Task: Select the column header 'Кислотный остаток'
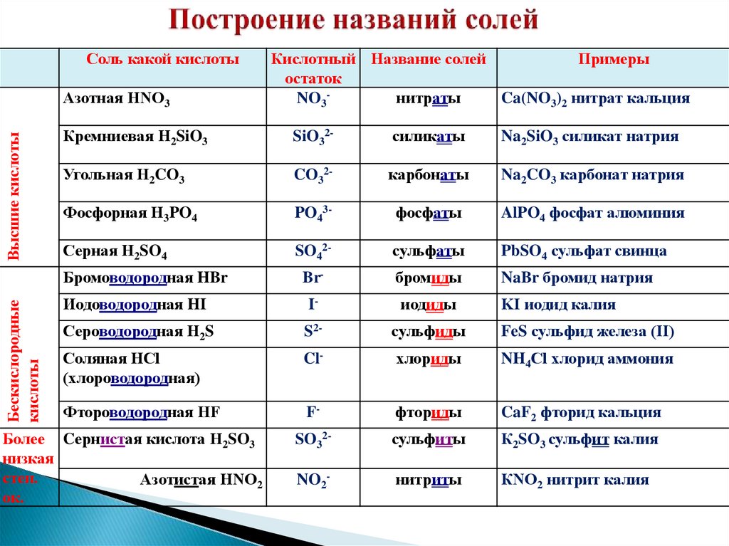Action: tap(313, 68)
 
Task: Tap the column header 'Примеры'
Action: tap(613, 60)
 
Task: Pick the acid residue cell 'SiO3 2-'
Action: tap(313, 137)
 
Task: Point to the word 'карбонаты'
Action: tap(428, 175)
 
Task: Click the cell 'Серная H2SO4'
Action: tap(115, 251)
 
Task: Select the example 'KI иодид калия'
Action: tap(558, 305)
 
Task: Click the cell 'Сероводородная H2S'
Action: tap(138, 332)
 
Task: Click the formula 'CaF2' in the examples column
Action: tap(518, 413)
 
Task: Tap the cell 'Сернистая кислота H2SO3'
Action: tap(159, 440)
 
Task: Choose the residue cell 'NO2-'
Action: tap(313, 481)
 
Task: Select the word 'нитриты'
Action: tap(428, 481)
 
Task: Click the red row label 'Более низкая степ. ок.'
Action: tap(28, 467)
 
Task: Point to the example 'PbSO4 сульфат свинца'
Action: tap(584, 251)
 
